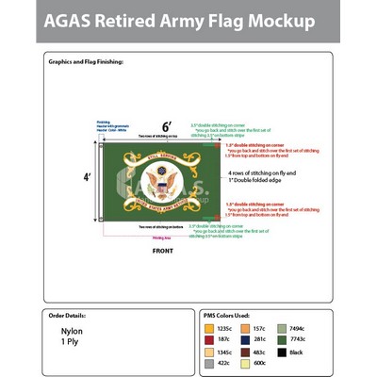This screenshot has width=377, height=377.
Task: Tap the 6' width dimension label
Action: point(167,126)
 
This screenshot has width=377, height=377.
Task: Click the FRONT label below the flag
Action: point(163,252)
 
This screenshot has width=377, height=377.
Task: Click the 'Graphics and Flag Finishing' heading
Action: point(86,61)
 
